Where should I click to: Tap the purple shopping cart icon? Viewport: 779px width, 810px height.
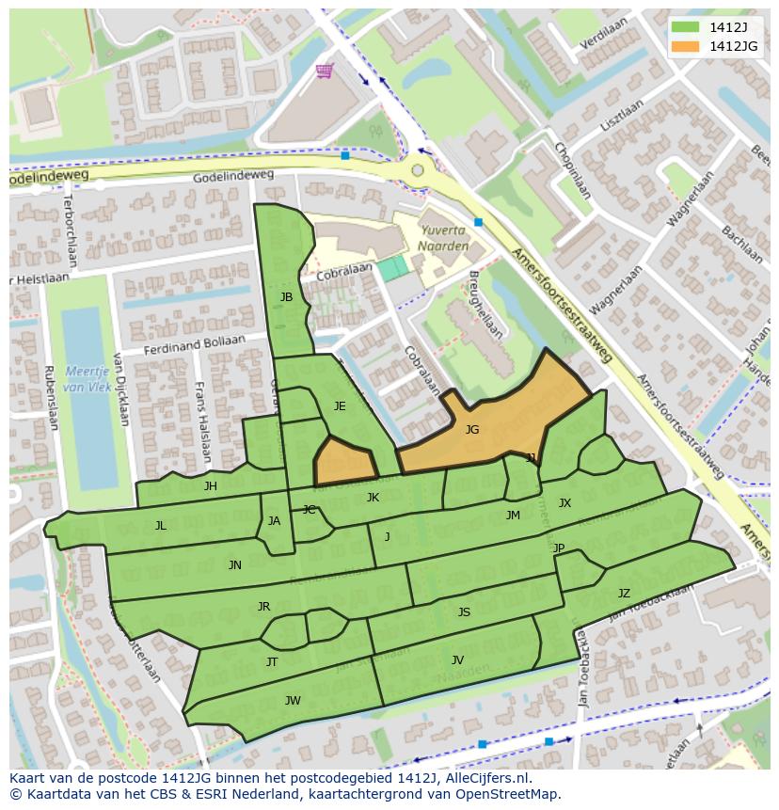pyautogui.click(x=325, y=71)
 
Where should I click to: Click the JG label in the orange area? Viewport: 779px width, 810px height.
pyautogui.click(x=472, y=429)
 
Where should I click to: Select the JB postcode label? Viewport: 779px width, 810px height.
pyautogui.click(x=286, y=297)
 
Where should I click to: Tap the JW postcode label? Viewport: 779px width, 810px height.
pyautogui.click(x=293, y=700)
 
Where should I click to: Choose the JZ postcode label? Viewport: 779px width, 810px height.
pyautogui.click(x=624, y=593)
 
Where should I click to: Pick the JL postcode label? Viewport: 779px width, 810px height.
pyautogui.click(x=161, y=526)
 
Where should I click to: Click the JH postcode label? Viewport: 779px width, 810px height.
pyautogui.click(x=211, y=486)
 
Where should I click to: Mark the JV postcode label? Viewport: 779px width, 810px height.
pyautogui.click(x=457, y=659)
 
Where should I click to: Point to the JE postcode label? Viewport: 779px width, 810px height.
pyautogui.click(x=340, y=406)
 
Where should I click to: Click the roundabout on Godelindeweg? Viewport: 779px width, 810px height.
pyautogui.click(x=417, y=170)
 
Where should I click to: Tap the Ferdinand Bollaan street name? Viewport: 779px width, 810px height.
pyautogui.click(x=194, y=345)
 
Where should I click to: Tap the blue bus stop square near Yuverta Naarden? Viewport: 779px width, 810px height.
pyautogui.click(x=479, y=223)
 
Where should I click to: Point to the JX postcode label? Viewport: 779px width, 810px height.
pyautogui.click(x=564, y=503)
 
